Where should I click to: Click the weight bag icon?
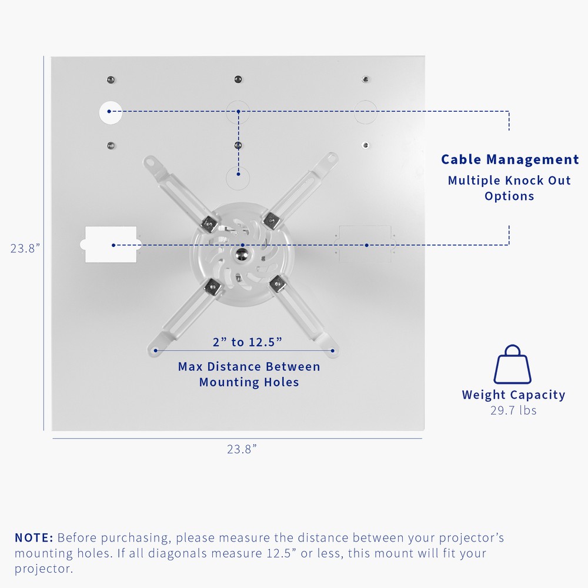pos(512,365)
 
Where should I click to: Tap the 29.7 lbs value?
pos(513,410)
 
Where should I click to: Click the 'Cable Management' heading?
pos(510,159)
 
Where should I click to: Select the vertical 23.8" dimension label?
pos(25,248)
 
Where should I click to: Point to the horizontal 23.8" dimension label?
pos(242,449)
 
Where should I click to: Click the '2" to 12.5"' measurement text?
pos(248,342)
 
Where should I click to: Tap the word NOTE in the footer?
pos(34,537)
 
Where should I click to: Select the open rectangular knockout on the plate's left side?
pos(111,244)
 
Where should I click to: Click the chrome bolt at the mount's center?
pos(240,253)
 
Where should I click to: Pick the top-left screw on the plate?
pos(109,79)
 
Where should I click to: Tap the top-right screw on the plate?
pos(366,79)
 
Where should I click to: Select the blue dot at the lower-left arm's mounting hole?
pos(156,350)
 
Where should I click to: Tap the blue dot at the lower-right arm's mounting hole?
pos(332,350)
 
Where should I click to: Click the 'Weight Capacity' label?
pos(513,395)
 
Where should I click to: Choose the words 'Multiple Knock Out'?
pos(509,181)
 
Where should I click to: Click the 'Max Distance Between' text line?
pos(249,367)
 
